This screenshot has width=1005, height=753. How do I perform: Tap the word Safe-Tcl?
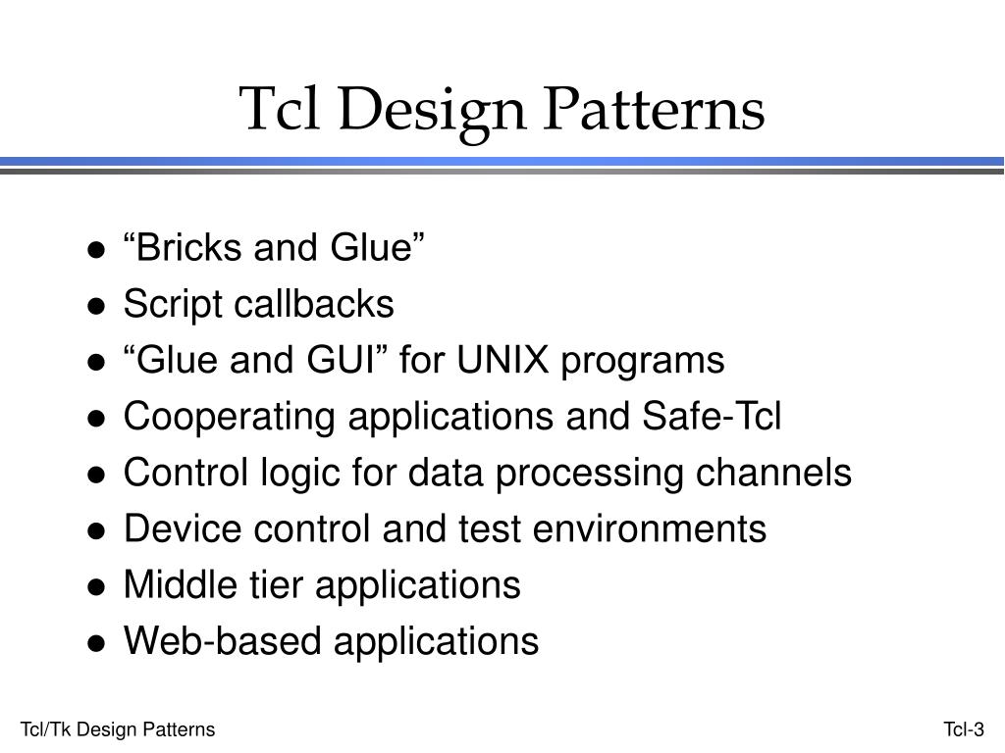coord(712,417)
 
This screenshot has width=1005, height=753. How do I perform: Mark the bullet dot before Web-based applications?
coord(96,643)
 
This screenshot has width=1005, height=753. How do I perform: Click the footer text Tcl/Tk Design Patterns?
coord(118,729)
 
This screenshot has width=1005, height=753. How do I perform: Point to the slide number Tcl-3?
coord(964,729)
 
